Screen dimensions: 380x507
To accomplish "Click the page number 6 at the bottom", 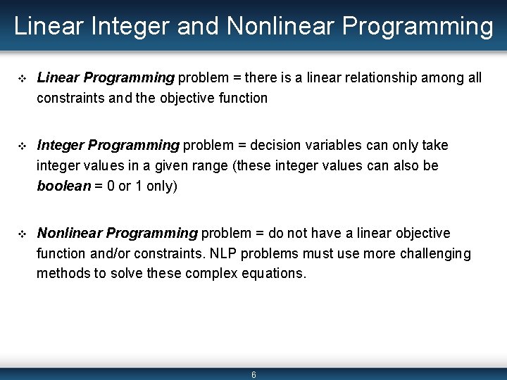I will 254,375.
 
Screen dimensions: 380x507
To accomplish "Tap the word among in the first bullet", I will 443,78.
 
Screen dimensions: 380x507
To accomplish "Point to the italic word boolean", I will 64,186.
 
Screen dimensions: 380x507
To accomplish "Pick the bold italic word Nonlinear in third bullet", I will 68,233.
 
